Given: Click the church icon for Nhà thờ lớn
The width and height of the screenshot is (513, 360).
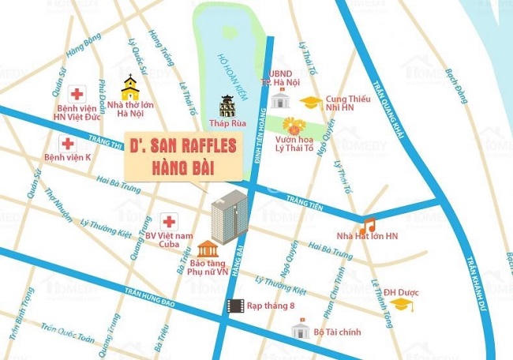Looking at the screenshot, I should pos(129,85).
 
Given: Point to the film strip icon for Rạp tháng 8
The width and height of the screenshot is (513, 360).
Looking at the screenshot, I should pos(234,306).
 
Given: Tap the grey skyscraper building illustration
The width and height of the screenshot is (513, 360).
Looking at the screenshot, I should pos(229,214).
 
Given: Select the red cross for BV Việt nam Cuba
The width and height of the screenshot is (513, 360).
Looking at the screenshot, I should pos(167,220).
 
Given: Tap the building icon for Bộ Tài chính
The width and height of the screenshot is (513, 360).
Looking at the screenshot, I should pos(298,328).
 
